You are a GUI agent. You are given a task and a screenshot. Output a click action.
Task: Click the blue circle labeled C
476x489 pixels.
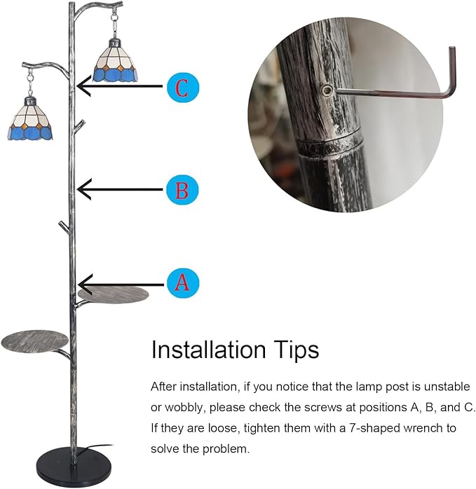point(182,88)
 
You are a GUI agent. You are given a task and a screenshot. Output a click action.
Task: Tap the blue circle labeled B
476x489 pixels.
point(182,189)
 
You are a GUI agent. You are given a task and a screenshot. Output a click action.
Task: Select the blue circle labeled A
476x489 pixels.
point(182,283)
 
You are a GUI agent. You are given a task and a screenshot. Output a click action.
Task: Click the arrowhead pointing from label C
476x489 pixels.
point(83,85)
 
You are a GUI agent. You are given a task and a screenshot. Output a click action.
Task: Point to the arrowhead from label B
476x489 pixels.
point(83,189)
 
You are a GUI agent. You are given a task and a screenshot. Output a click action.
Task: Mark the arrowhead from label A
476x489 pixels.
point(85,284)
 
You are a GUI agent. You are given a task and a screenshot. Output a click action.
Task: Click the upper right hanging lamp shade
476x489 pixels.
point(116,64)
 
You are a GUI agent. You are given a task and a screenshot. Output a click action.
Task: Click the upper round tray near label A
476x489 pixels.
point(114,296)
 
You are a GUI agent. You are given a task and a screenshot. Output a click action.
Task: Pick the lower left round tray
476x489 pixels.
point(34,341)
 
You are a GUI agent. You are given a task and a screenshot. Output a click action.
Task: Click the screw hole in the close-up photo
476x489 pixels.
point(327,91)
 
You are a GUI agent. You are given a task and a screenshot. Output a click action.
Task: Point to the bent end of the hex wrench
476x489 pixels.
point(452,71)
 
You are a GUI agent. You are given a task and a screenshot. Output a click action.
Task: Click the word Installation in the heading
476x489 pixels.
point(208,350)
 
